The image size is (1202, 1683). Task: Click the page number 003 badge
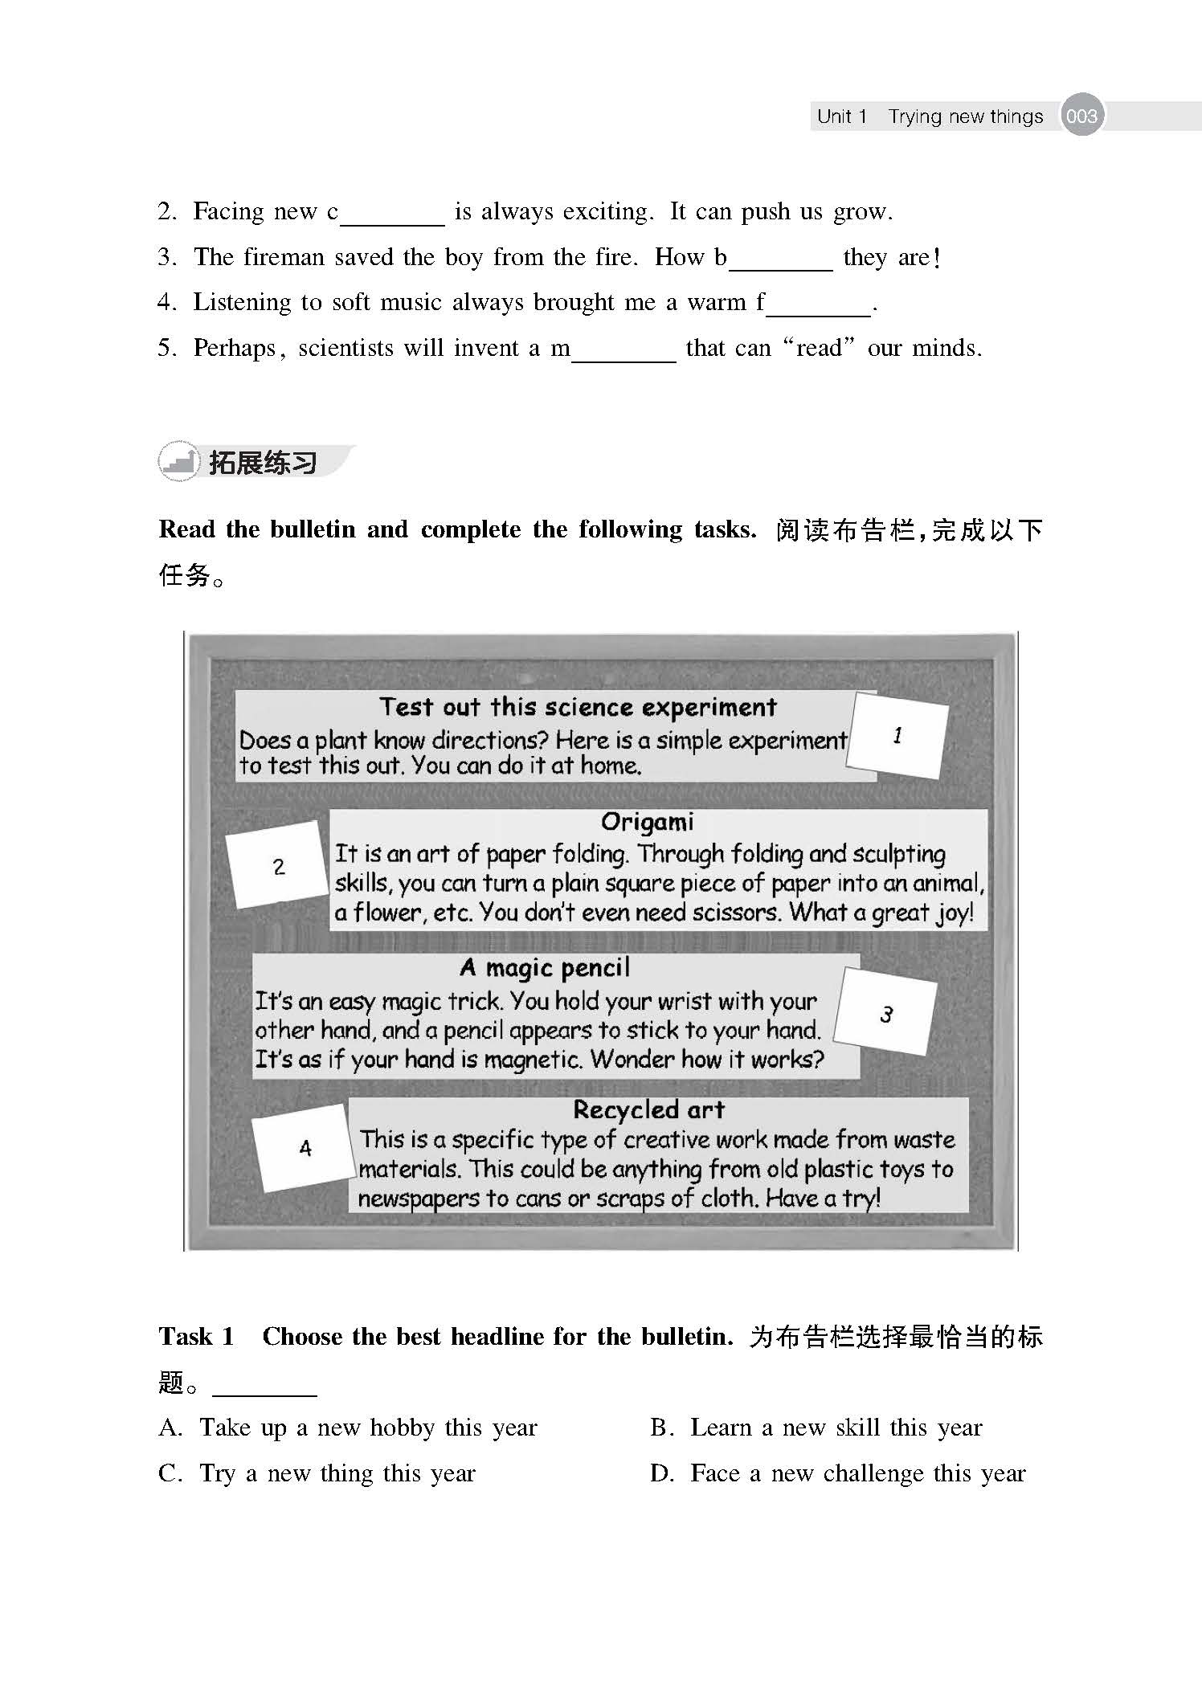1081,116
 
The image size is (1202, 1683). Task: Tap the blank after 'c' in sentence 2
391,215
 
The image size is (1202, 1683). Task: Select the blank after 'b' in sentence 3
780,261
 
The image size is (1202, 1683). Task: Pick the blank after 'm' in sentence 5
624,352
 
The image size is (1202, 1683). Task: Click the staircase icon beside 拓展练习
178,462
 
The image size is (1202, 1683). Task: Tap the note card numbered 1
898,735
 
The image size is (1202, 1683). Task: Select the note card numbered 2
278,866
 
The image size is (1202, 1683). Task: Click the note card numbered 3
885,1013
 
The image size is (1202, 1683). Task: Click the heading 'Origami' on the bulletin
647,822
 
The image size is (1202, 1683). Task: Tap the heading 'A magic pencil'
545,967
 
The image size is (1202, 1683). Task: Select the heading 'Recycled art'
648,1109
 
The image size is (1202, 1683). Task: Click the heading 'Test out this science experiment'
578,707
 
